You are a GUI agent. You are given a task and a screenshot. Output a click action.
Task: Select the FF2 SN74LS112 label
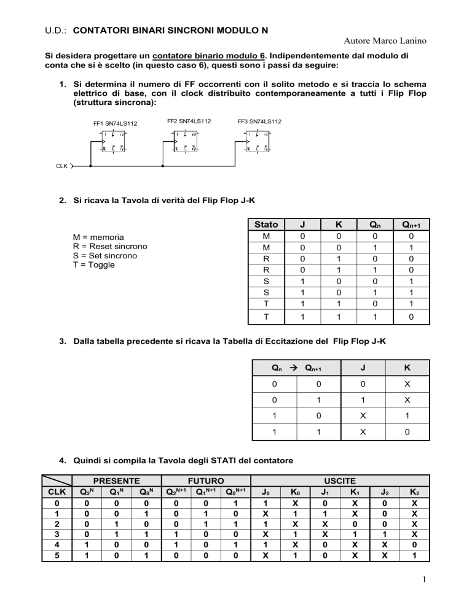point(189,121)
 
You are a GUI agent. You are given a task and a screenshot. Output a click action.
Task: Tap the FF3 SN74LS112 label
point(259,121)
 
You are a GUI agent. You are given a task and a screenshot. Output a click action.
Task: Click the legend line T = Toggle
point(93,265)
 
